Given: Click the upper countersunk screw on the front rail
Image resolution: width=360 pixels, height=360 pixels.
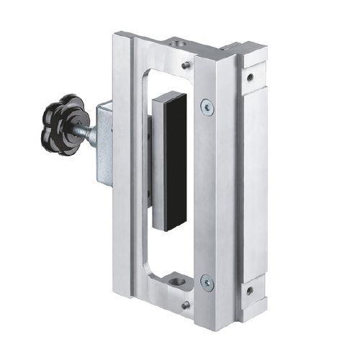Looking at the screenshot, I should click(x=207, y=106).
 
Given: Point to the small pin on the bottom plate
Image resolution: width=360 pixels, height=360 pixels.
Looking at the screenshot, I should click(x=185, y=305).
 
